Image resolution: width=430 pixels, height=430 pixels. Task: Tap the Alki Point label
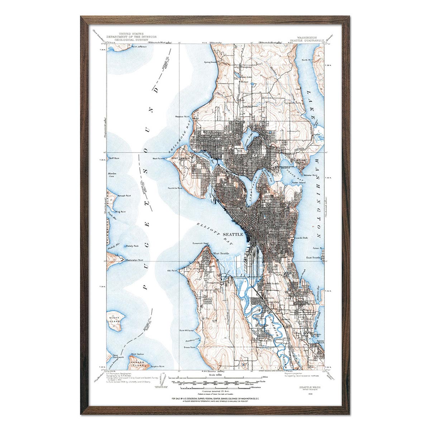(172, 271)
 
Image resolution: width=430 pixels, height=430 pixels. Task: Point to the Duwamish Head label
(200, 243)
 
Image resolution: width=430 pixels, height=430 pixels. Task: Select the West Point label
(158, 158)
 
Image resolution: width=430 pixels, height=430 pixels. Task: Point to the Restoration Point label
(134, 260)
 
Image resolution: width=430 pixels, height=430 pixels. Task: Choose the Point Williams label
(186, 330)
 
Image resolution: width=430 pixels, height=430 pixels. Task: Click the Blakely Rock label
(132, 246)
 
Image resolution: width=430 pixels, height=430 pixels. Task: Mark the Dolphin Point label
(157, 366)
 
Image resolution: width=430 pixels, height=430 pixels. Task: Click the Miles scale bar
(215, 377)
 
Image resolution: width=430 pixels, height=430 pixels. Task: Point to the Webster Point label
(310, 175)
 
